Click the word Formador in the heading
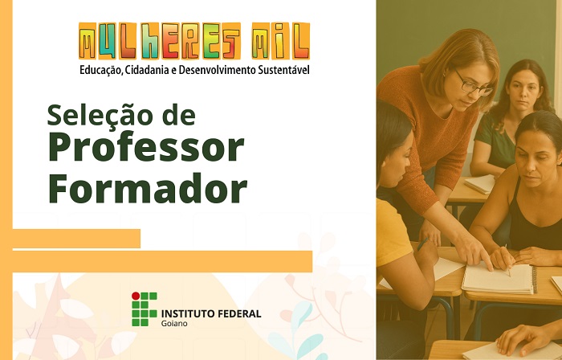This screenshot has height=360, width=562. [x=148, y=189]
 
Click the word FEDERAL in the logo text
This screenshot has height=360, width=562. [x=238, y=313]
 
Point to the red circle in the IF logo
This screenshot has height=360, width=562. [x=136, y=296]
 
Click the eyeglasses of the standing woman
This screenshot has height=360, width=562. [x=474, y=84]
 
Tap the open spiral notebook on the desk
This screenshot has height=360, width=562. [x=499, y=279]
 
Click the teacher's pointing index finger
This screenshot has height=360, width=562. [x=486, y=263]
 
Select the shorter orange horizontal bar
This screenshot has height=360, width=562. [x=76, y=239]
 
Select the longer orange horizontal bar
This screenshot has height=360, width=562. [x=162, y=261]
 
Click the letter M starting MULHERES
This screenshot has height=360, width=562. [x=88, y=41]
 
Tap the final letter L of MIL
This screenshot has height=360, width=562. [x=300, y=41]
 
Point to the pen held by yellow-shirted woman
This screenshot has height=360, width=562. [x=422, y=244]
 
